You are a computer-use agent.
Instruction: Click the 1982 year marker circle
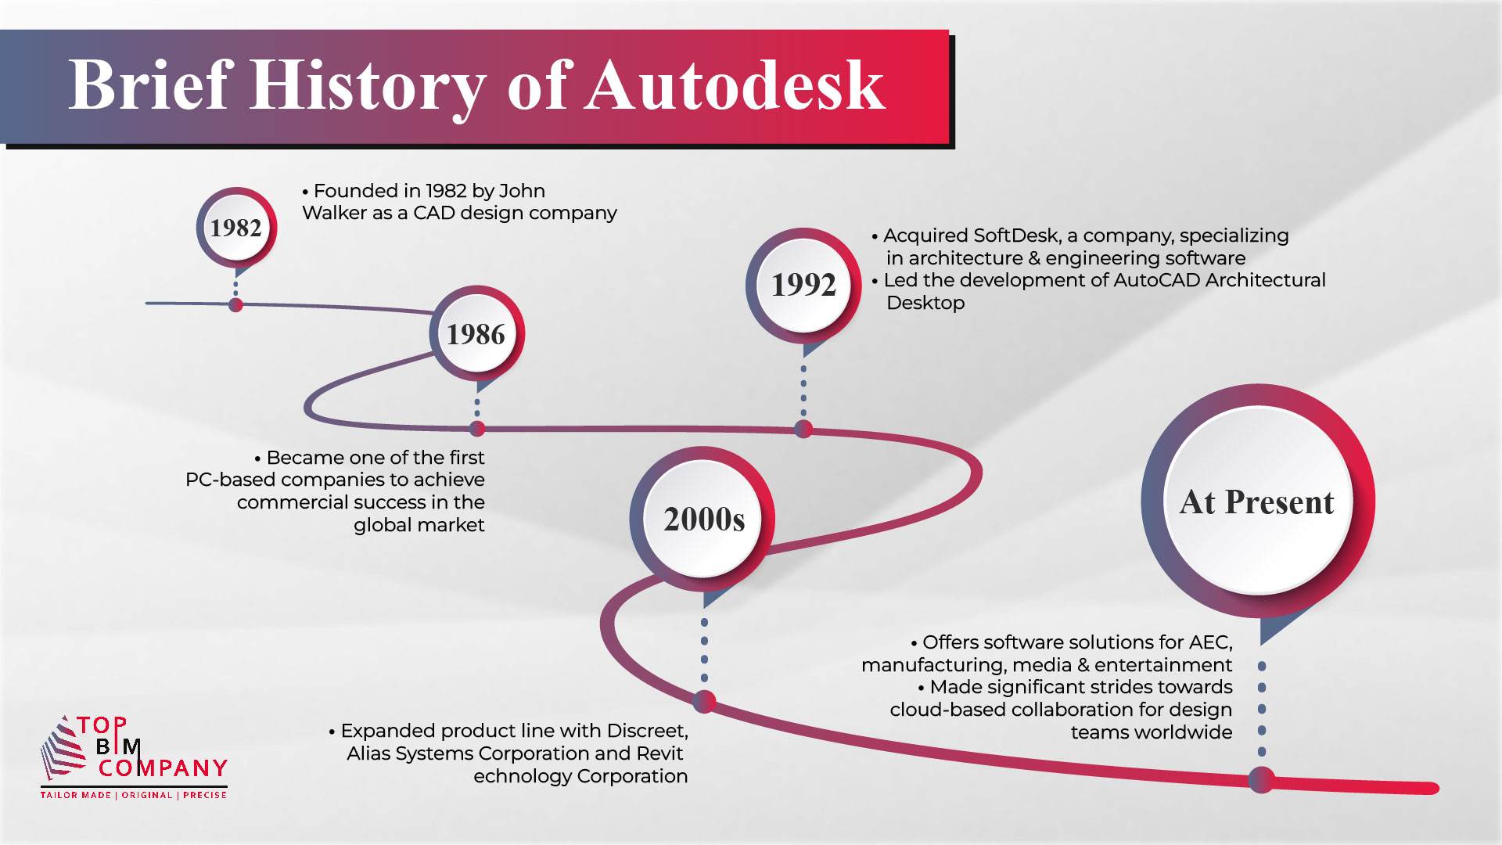click(236, 228)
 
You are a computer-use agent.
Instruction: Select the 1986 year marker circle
click(476, 334)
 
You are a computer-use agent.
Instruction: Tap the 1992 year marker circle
click(803, 285)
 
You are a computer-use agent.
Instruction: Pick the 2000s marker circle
click(703, 519)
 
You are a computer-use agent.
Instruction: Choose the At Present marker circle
click(1257, 502)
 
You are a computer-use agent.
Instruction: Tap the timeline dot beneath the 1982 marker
click(235, 304)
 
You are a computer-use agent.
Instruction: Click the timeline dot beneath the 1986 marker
click(477, 428)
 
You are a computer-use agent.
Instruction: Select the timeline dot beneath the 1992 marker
click(803, 429)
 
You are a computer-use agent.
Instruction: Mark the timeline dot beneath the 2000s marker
click(704, 701)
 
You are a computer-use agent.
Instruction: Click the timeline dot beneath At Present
click(1261, 779)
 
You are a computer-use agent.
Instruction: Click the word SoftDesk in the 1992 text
click(1016, 236)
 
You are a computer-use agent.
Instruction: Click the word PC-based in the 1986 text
click(230, 480)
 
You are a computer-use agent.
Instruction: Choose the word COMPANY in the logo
click(163, 768)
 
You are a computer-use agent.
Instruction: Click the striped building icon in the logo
click(62, 747)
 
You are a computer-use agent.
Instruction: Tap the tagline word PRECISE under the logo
click(205, 795)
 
